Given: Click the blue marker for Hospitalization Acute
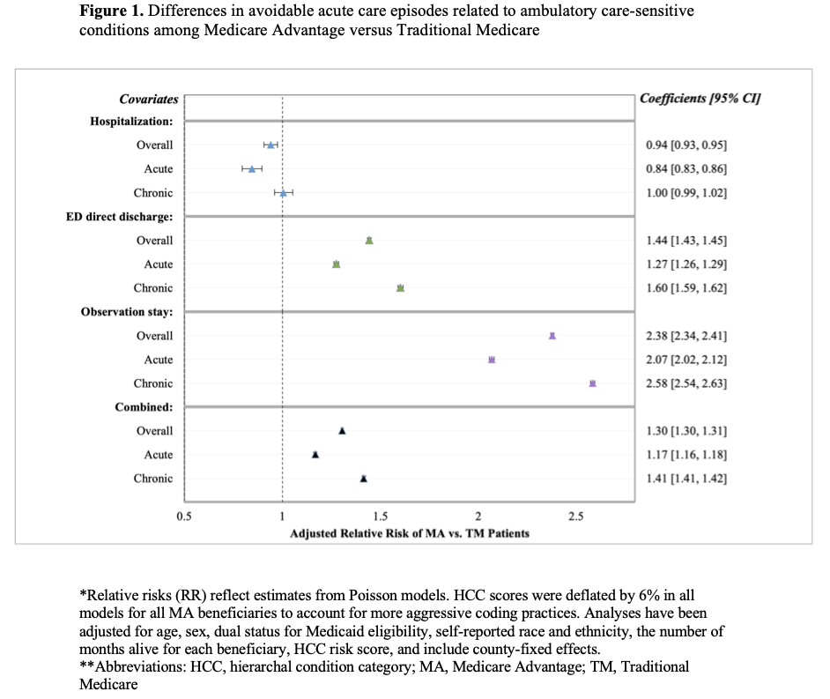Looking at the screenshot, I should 252,168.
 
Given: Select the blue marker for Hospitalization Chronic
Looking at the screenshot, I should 283,192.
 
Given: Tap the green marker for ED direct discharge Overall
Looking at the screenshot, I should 369,240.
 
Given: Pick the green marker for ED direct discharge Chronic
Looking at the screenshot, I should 400,288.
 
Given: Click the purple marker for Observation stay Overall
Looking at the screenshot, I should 552,336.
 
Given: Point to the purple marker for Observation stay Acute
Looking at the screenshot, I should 492,360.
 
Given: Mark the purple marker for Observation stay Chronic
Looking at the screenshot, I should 592,383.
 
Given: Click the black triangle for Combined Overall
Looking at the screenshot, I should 342,431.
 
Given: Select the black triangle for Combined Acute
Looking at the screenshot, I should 315,455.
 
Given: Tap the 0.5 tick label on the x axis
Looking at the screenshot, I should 183,517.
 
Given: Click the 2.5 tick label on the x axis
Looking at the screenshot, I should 575,517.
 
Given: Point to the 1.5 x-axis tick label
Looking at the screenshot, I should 380,517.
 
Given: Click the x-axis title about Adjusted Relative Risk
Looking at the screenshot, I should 410,533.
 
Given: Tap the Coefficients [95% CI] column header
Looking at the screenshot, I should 700,99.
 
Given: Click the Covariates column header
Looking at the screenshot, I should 148,100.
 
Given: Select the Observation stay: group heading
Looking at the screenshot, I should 126,312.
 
